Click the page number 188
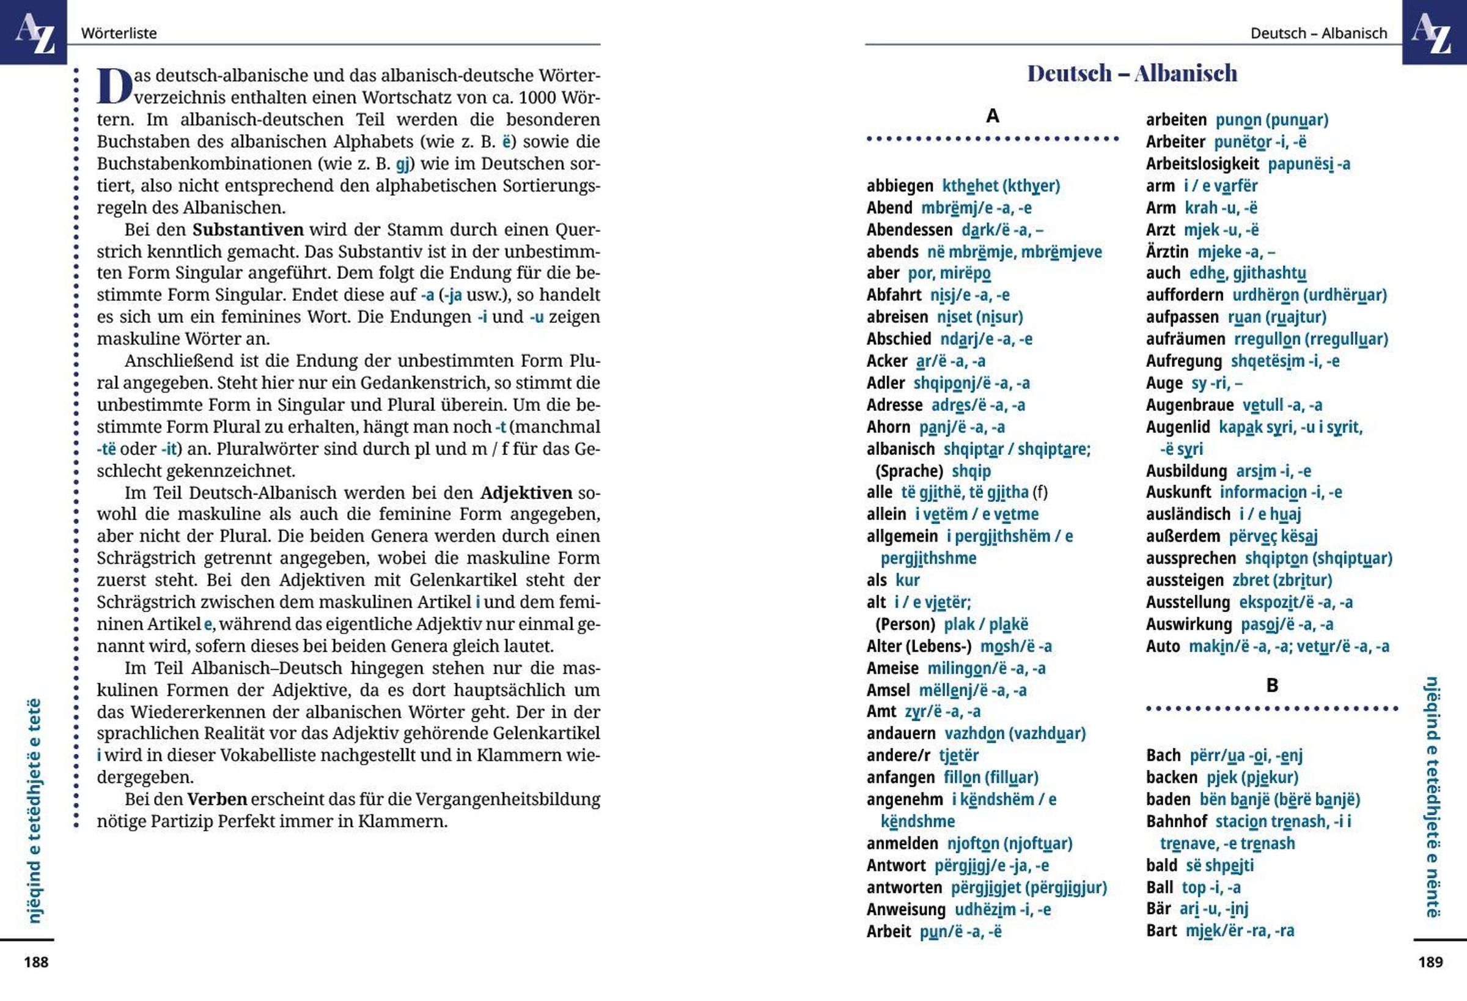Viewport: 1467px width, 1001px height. tap(36, 962)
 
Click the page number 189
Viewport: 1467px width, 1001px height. tap(1430, 962)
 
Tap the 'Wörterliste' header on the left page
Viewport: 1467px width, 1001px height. tap(119, 33)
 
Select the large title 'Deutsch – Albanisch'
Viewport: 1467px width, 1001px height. tap(1132, 73)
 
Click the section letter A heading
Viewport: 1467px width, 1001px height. tap(992, 116)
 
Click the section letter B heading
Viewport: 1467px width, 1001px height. tap(1272, 685)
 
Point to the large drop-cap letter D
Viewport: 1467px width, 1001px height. tap(114, 86)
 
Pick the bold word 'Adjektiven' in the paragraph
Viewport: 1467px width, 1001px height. tap(526, 493)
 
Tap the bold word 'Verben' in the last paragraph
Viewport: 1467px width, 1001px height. tap(217, 799)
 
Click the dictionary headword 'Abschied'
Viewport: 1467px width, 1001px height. tap(899, 339)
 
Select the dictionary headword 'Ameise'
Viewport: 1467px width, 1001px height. tap(892, 668)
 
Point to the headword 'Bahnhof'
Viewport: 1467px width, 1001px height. tap(1176, 821)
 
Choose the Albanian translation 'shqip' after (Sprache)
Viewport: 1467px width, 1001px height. tap(971, 471)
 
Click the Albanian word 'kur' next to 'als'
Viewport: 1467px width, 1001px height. tap(907, 580)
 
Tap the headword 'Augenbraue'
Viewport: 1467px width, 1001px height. tap(1189, 405)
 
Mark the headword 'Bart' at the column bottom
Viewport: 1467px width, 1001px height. tap(1161, 930)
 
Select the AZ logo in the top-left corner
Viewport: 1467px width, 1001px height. tap(34, 32)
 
